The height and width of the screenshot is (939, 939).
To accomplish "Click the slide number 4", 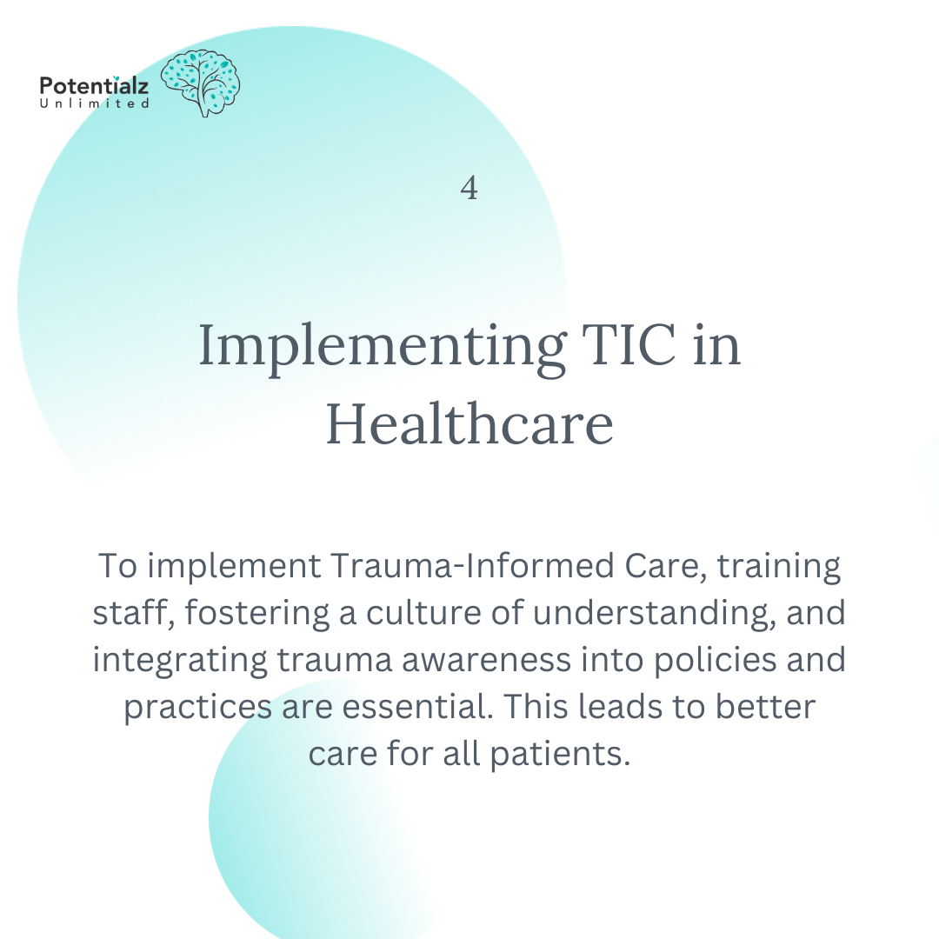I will (469, 188).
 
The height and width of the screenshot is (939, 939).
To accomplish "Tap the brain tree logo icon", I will (201, 83).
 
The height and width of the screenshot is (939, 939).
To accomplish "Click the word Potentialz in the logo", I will (94, 86).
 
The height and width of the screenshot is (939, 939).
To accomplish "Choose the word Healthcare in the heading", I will (469, 426).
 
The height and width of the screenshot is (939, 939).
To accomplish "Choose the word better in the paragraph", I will (765, 706).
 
